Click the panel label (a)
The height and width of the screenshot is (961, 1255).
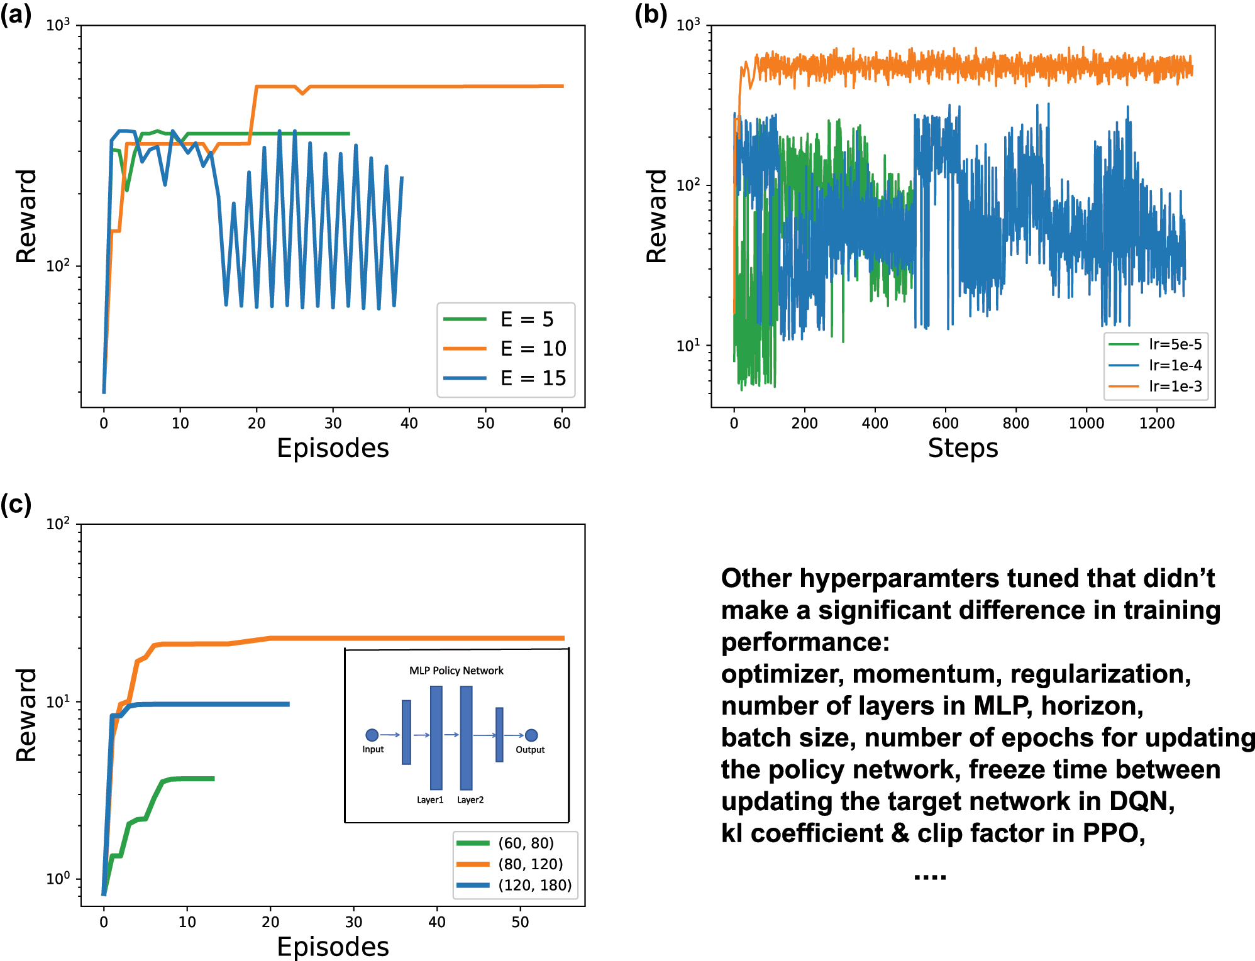pyautogui.click(x=16, y=14)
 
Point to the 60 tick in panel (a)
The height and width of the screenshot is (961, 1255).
pyautogui.click(x=561, y=423)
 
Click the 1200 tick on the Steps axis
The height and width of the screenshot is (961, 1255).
pyautogui.click(x=1157, y=423)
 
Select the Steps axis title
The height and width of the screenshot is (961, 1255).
pyautogui.click(x=963, y=448)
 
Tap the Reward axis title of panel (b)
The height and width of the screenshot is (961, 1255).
pyautogui.click(x=656, y=216)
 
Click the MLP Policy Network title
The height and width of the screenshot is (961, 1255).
pyautogui.click(x=456, y=671)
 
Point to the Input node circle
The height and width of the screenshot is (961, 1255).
pyautogui.click(x=372, y=735)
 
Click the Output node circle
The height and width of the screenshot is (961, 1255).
pyautogui.click(x=531, y=735)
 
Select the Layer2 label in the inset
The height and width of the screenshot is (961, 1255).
pyautogui.click(x=470, y=799)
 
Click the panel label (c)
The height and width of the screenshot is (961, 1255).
pyautogui.click(x=16, y=504)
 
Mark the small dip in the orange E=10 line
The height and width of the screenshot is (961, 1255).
pyautogui.click(x=303, y=93)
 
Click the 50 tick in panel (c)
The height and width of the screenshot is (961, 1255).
pyautogui.click(x=520, y=922)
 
